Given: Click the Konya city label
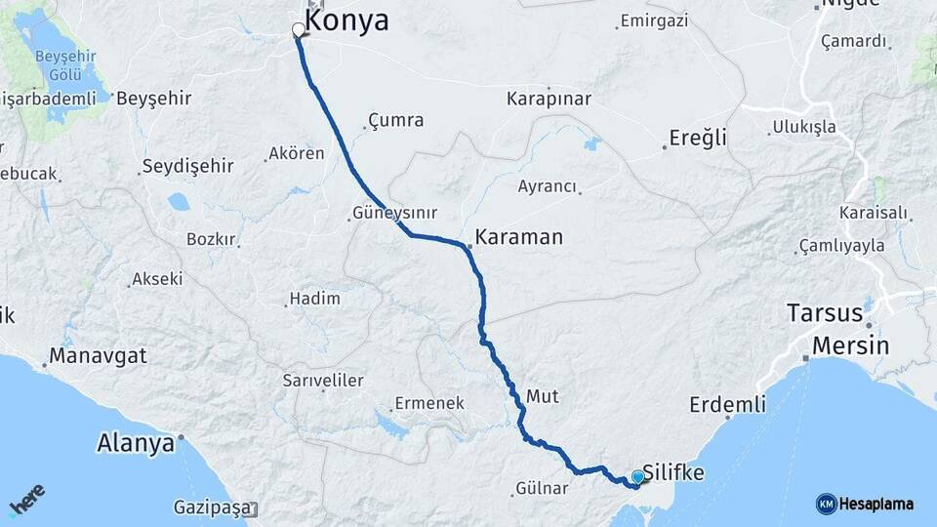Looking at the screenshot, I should point(346,20).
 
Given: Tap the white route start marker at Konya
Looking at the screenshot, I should point(298,30).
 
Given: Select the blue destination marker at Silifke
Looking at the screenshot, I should point(637,477).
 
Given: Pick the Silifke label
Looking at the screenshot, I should point(674,471).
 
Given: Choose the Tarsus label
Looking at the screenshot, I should point(825,314).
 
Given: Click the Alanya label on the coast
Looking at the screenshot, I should point(135,443).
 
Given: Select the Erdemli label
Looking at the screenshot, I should point(723,404).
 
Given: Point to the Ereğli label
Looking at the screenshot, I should point(698,138).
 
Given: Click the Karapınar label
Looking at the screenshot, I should point(546,99).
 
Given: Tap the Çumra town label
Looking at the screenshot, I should point(395,121).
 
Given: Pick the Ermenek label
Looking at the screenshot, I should point(428,403).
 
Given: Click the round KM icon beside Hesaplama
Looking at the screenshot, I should point(826,504).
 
